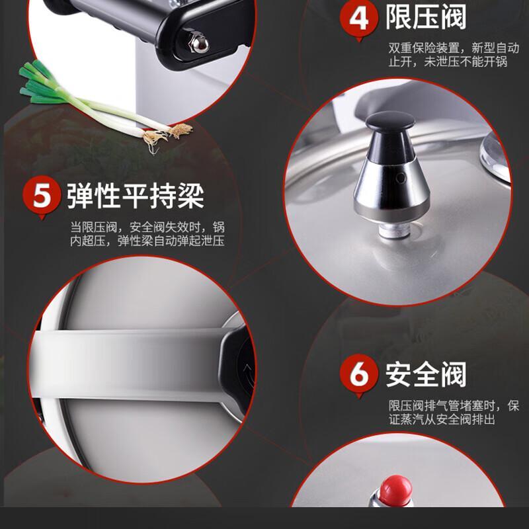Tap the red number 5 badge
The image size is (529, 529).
pyautogui.click(x=42, y=196)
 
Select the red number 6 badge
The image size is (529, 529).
pyautogui.click(x=358, y=374)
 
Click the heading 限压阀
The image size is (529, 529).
pyautogui.click(x=426, y=17)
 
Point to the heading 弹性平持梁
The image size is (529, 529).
pyautogui.click(x=135, y=196)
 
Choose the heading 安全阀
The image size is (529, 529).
pyautogui.click(x=426, y=374)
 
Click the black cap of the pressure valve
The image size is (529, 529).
pyautogui.click(x=390, y=122)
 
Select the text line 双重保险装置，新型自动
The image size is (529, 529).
pyautogui.click(x=454, y=48)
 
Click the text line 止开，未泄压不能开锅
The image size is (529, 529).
pyautogui.click(x=448, y=61)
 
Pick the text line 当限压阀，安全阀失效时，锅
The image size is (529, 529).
pyautogui.click(x=147, y=227)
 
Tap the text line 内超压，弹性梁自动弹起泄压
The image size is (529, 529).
pyautogui.click(x=147, y=241)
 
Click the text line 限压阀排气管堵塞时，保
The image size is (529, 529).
pyautogui.click(x=454, y=405)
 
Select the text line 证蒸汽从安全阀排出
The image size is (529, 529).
pyautogui.click(x=442, y=420)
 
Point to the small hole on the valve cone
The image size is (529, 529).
pyautogui.click(x=401, y=178)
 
